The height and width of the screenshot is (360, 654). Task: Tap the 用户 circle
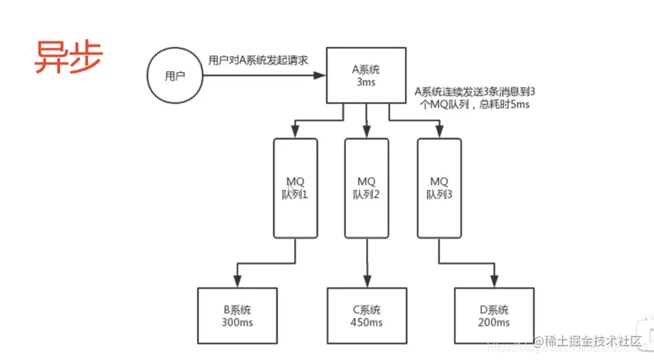click(175, 76)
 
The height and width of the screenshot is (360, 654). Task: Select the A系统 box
click(368, 76)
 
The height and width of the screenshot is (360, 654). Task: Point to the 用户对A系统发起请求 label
click(258, 60)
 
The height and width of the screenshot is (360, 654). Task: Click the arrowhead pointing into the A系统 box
click(321, 76)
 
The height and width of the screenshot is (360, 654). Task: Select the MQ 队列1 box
click(295, 187)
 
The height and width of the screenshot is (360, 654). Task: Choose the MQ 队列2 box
click(368, 187)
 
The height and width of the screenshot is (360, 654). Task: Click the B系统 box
click(238, 316)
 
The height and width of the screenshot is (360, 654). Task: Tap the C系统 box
click(368, 316)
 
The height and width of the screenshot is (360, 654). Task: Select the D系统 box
click(494, 316)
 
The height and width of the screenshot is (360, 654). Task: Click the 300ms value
click(238, 322)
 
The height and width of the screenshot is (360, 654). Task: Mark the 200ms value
click(494, 322)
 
